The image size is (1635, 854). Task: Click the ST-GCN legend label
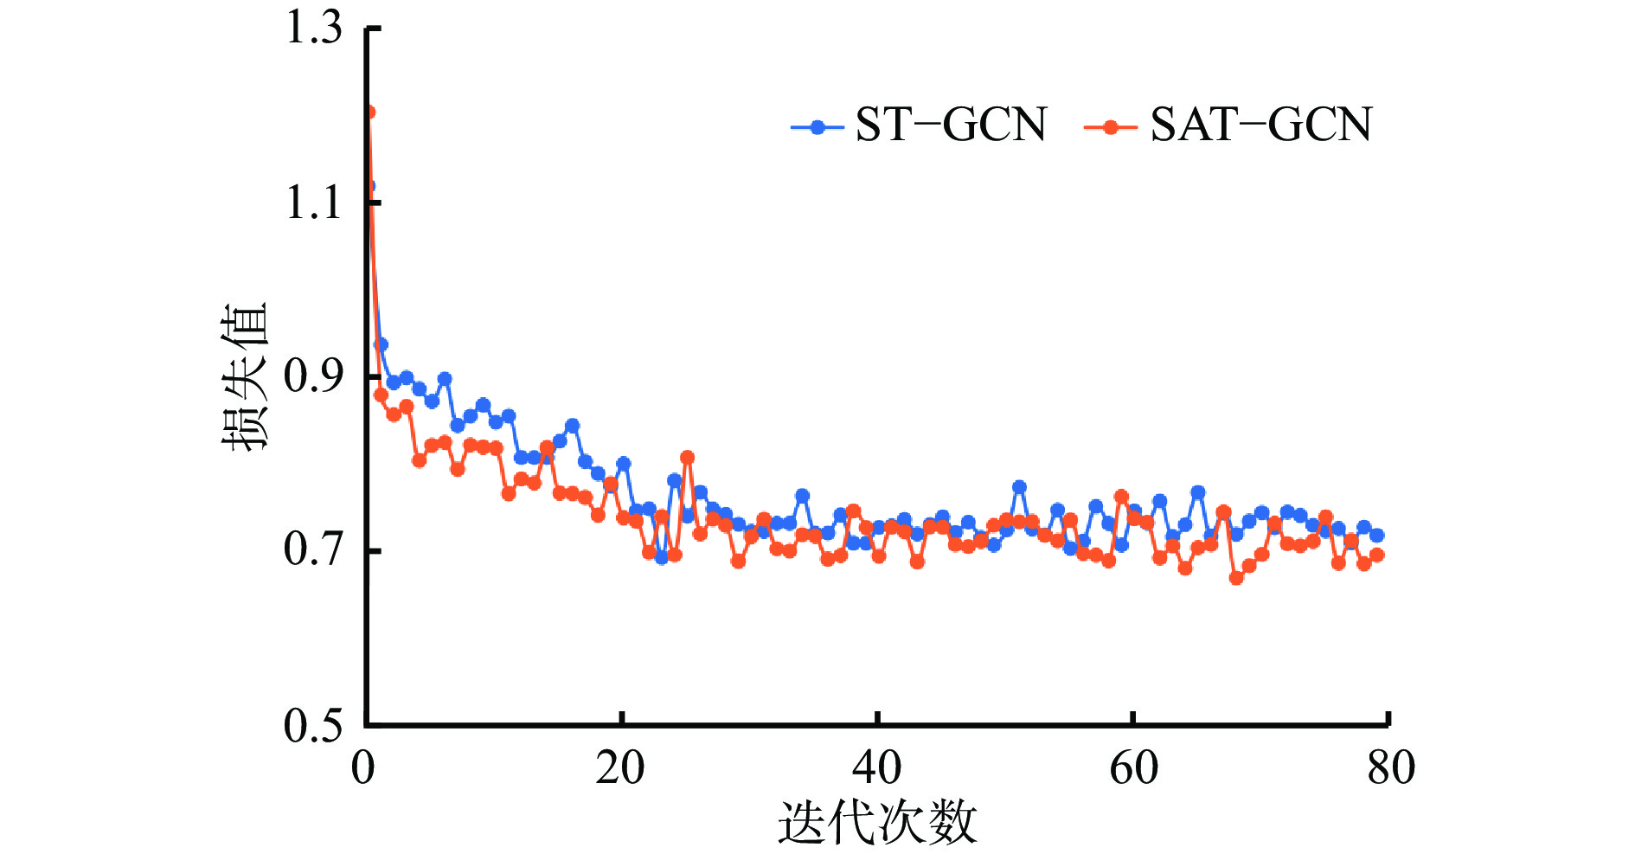click(x=951, y=125)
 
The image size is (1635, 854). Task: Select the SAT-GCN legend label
click(x=1260, y=125)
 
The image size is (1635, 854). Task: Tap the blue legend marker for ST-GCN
click(x=817, y=127)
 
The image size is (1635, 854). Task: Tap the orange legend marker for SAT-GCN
click(x=1110, y=127)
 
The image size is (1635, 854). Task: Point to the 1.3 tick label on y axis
click(x=314, y=28)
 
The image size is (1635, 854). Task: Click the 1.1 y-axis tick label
click(x=314, y=204)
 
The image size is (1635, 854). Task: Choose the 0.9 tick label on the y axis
click(x=314, y=376)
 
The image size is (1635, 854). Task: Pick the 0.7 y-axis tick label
click(x=314, y=550)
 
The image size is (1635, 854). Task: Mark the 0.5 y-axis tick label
click(x=314, y=724)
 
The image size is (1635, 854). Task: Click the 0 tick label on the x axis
click(x=364, y=768)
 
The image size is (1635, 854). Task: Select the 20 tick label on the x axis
click(x=620, y=768)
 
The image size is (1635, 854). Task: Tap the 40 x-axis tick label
click(x=876, y=768)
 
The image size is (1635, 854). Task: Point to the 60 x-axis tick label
click(x=1133, y=768)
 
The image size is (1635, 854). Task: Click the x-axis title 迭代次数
click(x=876, y=822)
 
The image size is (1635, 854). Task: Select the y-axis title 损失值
click(x=244, y=376)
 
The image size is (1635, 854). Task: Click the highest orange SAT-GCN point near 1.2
click(x=369, y=112)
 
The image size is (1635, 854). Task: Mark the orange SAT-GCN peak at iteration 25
click(x=687, y=458)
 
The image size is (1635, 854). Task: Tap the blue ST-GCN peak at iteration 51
click(x=1019, y=487)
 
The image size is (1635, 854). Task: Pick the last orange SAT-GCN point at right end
click(x=1377, y=555)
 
